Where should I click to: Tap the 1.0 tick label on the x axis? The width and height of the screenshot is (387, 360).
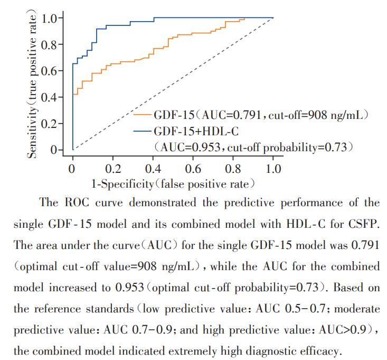coord(273,169)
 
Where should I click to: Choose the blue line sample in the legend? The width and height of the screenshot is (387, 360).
coord(142,130)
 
